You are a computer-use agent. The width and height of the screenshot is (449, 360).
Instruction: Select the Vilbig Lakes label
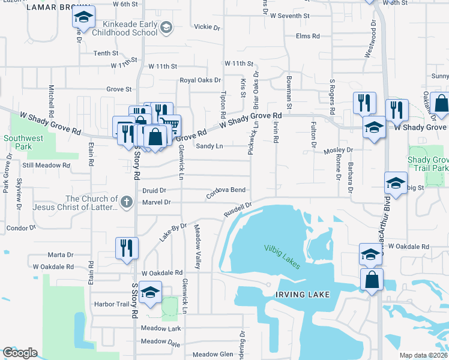(282, 256)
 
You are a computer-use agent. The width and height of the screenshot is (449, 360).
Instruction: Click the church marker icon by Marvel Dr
(126, 203)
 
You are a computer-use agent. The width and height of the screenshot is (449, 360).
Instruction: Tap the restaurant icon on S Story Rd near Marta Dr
(127, 248)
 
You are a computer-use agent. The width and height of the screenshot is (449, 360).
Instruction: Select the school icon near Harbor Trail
(151, 292)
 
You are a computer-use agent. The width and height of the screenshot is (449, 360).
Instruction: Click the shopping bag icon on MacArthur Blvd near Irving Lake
(372, 280)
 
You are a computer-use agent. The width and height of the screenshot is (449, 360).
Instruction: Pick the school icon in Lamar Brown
(84, 18)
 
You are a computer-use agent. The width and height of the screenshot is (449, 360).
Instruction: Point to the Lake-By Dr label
(173, 232)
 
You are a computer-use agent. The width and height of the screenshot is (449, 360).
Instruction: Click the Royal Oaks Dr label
(200, 80)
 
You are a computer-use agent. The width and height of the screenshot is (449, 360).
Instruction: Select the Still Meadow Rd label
(41, 165)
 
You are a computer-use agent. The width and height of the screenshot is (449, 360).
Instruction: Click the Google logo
(20, 353)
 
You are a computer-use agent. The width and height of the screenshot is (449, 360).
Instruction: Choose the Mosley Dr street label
(338, 151)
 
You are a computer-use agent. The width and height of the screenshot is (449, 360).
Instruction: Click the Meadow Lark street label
(160, 328)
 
